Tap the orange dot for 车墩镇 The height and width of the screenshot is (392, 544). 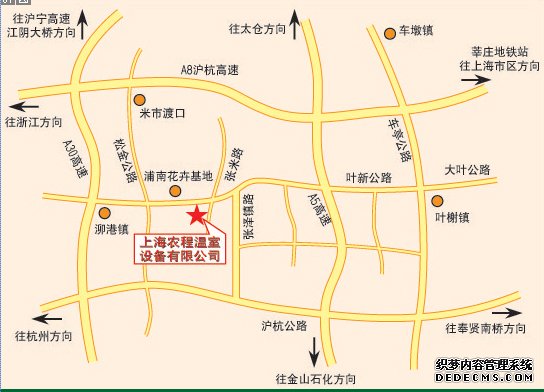tap(389, 33)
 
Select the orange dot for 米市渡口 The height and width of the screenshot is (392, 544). tap(140, 99)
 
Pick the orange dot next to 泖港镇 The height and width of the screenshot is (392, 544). tap(104, 212)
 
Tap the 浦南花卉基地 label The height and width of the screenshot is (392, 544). tap(178, 176)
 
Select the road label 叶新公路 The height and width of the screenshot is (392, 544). tap(368, 177)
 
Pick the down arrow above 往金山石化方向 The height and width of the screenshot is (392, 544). tap(314, 351)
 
